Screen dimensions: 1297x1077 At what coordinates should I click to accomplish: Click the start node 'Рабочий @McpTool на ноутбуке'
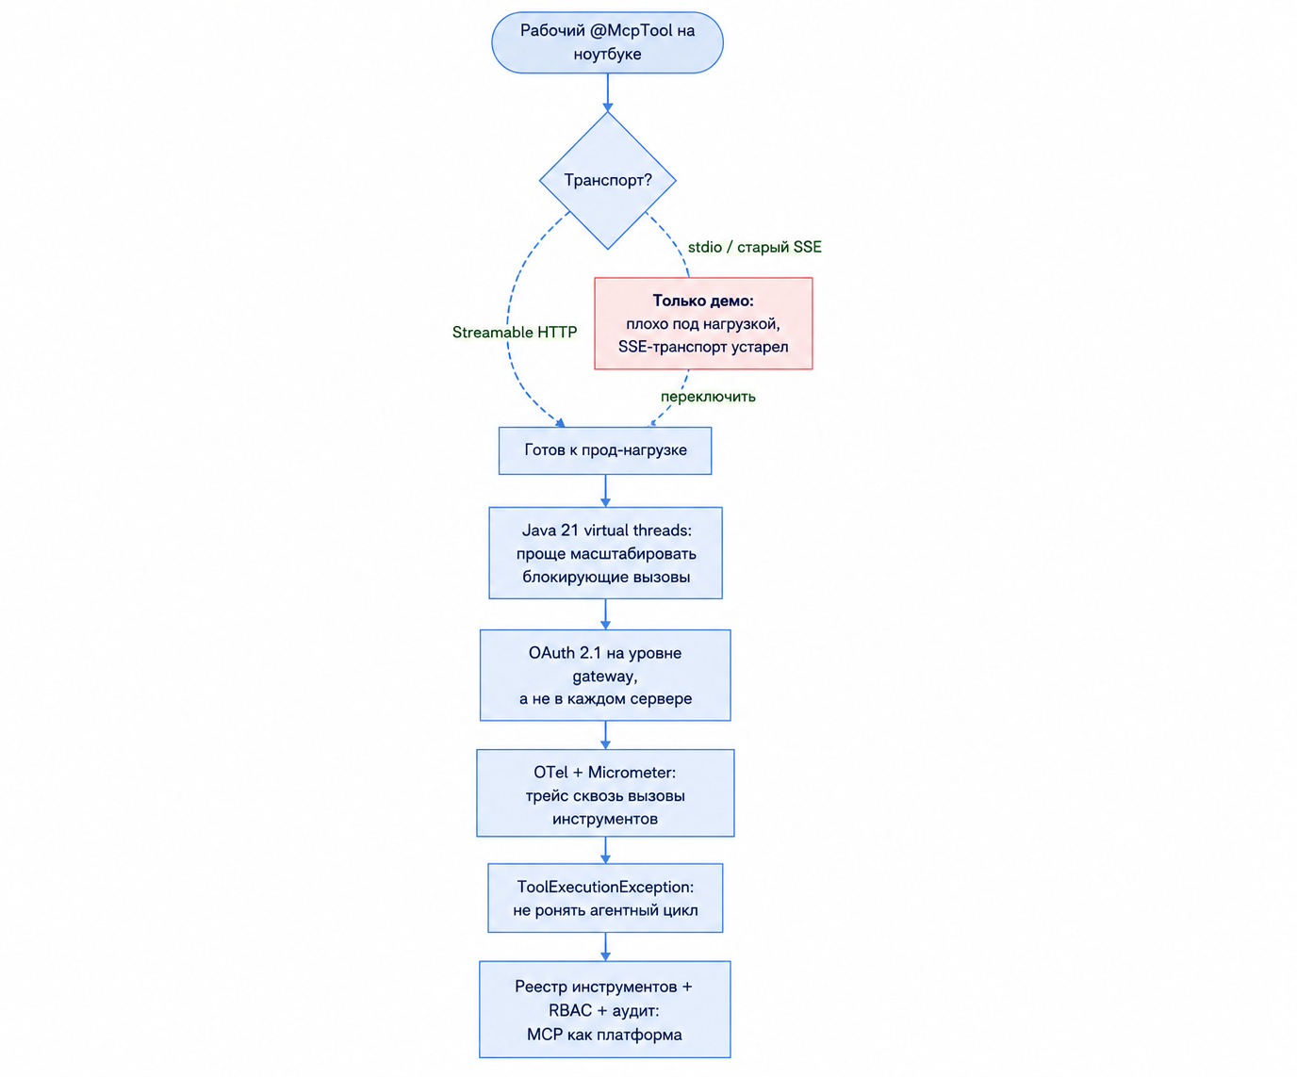(x=607, y=42)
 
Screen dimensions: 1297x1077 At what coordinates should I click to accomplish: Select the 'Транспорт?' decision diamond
(x=608, y=180)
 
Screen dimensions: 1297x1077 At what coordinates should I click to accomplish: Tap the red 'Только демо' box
(x=703, y=323)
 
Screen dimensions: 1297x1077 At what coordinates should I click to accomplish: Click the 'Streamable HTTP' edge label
(x=515, y=333)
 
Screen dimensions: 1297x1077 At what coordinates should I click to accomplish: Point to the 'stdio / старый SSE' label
(x=755, y=247)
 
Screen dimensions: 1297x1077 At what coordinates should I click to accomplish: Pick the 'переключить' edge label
(x=708, y=397)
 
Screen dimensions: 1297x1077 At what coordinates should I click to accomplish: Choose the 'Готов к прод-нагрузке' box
(x=605, y=450)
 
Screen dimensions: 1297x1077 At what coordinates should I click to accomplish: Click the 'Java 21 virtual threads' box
(x=606, y=553)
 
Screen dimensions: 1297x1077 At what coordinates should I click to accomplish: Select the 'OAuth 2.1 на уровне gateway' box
(x=605, y=676)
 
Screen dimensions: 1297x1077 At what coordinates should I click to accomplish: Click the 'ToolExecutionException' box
(x=605, y=897)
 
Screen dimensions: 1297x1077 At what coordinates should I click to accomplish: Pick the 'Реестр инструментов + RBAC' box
(x=604, y=1009)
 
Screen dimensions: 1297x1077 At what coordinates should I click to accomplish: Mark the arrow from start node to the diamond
(x=608, y=92)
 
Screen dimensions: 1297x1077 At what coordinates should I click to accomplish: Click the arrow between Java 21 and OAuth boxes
(x=606, y=614)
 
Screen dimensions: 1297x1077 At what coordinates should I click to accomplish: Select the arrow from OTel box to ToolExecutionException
(x=606, y=850)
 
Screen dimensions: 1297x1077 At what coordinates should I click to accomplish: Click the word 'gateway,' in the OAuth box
(x=605, y=677)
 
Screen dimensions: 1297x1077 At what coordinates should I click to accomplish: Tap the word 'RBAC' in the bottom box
(x=570, y=1010)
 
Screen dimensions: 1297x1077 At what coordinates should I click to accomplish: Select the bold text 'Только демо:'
(x=703, y=301)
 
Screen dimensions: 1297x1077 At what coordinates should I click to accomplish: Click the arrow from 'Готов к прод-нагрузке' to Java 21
(x=606, y=491)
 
